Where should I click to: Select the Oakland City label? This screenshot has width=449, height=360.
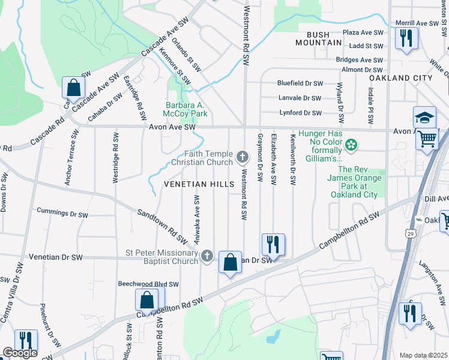(400, 78)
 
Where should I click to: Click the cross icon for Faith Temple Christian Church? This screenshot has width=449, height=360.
(243, 157)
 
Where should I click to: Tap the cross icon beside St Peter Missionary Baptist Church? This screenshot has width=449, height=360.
(206, 256)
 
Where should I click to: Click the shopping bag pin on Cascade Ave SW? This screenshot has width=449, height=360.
(73, 88)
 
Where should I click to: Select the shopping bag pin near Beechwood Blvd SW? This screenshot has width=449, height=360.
(146, 299)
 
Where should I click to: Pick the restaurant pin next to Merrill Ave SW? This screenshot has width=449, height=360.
(406, 38)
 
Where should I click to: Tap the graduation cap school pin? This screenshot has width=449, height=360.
(424, 116)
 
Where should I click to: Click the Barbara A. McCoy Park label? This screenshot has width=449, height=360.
(187, 109)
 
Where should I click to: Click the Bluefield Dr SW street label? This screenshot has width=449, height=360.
(300, 83)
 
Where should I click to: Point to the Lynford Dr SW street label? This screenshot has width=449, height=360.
(300, 113)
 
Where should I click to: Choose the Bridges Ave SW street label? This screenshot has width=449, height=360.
(360, 60)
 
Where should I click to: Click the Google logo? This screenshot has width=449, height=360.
(20, 353)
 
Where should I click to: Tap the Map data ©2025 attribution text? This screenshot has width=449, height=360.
(423, 355)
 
